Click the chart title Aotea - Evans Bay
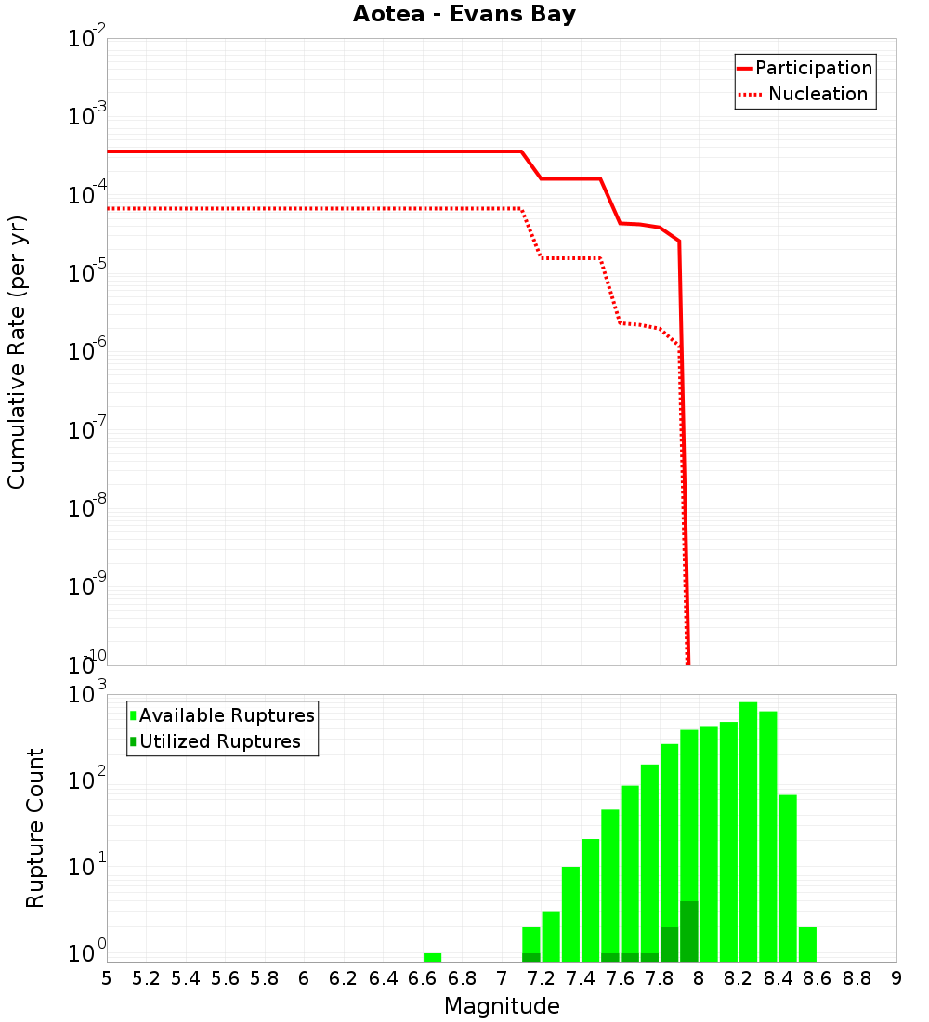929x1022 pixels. click(464, 15)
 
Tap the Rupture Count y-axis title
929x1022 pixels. click(35, 828)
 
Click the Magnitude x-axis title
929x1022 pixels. click(502, 1005)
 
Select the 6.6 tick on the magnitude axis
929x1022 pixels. click(423, 978)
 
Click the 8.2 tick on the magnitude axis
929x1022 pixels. click(739, 978)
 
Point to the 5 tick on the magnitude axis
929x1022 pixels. click(107, 978)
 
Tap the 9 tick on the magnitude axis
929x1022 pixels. click(896, 978)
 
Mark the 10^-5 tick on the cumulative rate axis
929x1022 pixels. click(84, 273)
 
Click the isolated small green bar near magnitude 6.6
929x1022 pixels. click(432, 957)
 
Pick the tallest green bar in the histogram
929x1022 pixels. click(749, 832)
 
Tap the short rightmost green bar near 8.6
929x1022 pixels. click(807, 944)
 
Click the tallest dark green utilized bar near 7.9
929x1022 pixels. click(688, 931)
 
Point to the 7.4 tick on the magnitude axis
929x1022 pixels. click(581, 978)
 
